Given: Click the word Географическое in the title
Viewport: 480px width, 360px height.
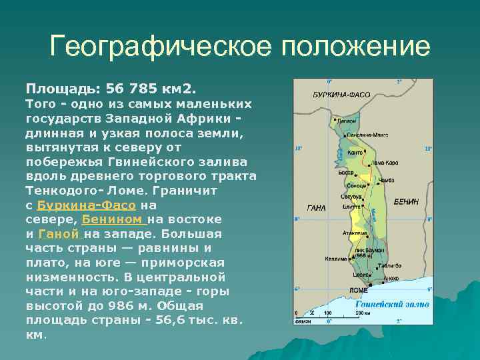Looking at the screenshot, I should click(x=160, y=47).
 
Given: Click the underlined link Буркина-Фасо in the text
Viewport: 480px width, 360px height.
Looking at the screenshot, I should click(x=87, y=205).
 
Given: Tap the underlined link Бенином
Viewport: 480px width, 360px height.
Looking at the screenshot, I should click(x=113, y=219).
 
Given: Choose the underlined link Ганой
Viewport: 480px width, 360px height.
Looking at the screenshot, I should click(x=59, y=234).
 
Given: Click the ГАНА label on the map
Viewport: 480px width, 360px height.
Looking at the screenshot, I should click(x=316, y=208).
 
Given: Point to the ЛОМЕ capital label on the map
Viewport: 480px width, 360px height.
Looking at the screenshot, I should click(x=359, y=290).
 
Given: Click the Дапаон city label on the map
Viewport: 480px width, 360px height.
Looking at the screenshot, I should click(x=348, y=121).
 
